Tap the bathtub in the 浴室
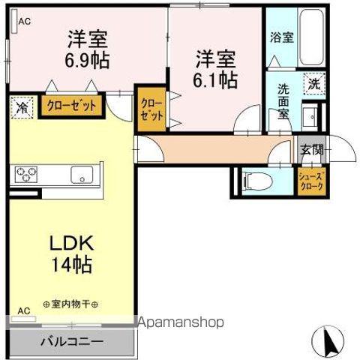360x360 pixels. (x=311, y=37)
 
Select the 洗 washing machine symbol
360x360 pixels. (x=314, y=84)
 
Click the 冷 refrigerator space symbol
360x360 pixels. (x=22, y=108)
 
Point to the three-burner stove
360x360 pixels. (x=26, y=174)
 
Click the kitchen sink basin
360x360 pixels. (x=82, y=174)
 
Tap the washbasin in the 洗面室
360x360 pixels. (x=310, y=116)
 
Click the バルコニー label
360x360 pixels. (x=72, y=341)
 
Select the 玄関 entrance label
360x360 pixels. (x=312, y=149)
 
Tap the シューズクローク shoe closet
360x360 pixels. (x=311, y=181)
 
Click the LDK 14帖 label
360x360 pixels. (x=72, y=253)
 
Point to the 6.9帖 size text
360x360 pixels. (x=87, y=61)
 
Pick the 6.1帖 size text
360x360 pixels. (x=215, y=80)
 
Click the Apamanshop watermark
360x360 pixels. (x=181, y=322)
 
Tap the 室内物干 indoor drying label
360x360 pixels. (x=70, y=304)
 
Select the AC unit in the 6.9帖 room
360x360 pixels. (x=14, y=21)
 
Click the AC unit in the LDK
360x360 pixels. (x=24, y=319)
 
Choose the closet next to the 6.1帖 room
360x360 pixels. (x=151, y=109)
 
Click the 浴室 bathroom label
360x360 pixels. (x=282, y=37)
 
